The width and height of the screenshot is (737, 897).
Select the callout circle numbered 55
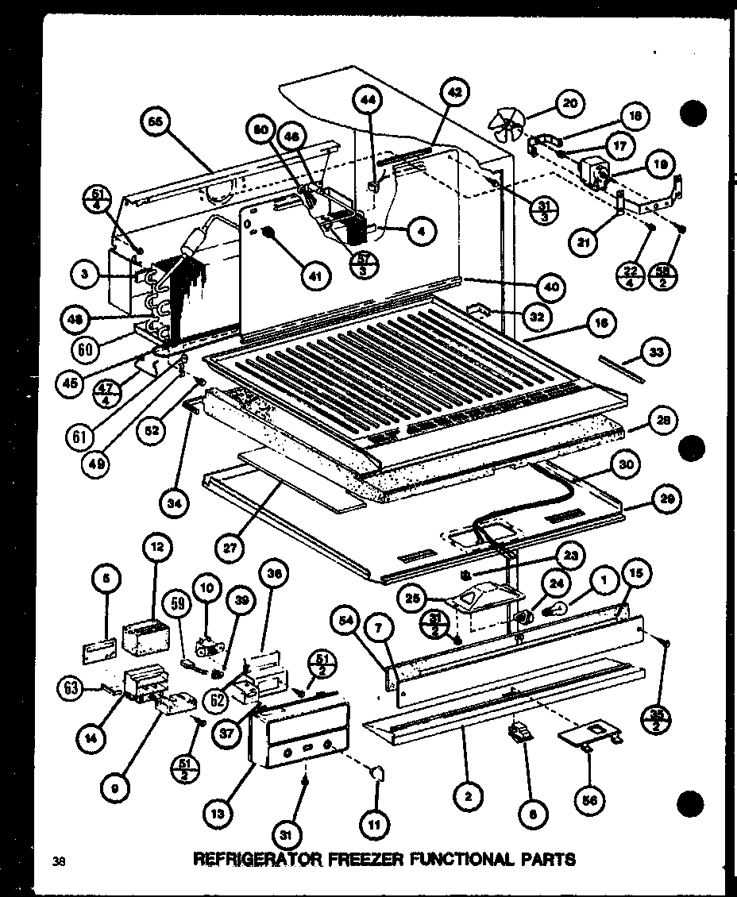pyautogui.click(x=154, y=122)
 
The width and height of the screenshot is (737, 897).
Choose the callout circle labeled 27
pyautogui.click(x=230, y=548)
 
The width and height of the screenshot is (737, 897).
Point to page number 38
pyautogui.click(x=57, y=860)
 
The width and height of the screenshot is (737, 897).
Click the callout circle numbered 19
pyautogui.click(x=661, y=164)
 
